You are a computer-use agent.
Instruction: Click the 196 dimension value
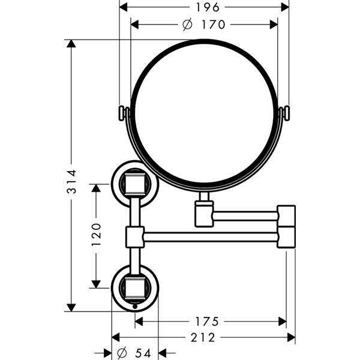[205, 7]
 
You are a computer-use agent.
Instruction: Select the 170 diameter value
[213, 25]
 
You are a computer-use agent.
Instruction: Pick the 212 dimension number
[203, 338]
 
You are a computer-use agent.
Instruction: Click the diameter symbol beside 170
[187, 25]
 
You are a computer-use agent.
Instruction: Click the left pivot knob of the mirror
[122, 113]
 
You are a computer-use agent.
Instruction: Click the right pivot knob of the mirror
[286, 113]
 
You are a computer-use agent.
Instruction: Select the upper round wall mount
[134, 181]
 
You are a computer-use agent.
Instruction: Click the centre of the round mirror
[204, 113]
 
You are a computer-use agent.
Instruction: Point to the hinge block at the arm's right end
[286, 226]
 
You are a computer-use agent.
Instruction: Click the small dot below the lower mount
[134, 307]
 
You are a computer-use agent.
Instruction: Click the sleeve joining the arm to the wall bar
[134, 236]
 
